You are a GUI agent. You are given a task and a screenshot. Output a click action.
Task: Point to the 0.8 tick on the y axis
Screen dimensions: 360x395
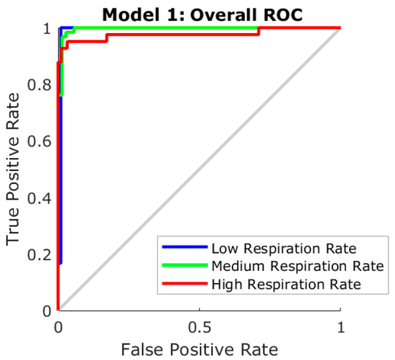42,85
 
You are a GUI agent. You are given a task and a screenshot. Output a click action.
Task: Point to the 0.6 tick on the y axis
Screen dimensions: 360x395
42,142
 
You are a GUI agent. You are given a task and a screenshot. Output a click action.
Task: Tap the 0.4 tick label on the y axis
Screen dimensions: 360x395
42,198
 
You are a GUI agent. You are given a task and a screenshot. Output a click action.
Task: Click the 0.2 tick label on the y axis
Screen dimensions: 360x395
42,254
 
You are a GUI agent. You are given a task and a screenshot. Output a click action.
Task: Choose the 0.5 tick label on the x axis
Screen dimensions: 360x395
199,326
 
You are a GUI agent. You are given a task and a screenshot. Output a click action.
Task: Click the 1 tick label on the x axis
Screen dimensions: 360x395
340,326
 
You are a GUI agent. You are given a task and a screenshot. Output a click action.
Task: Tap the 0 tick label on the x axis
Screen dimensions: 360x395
57,326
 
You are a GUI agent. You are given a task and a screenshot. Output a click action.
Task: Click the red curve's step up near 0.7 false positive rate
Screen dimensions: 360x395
259,31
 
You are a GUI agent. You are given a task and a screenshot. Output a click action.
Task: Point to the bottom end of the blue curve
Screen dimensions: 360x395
60,263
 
